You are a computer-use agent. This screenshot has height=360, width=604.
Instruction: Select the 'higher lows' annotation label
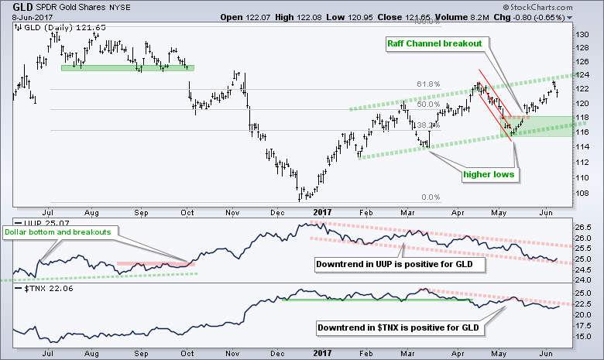click(x=486, y=173)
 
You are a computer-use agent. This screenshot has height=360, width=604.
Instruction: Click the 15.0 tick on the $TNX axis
click(x=585, y=338)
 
